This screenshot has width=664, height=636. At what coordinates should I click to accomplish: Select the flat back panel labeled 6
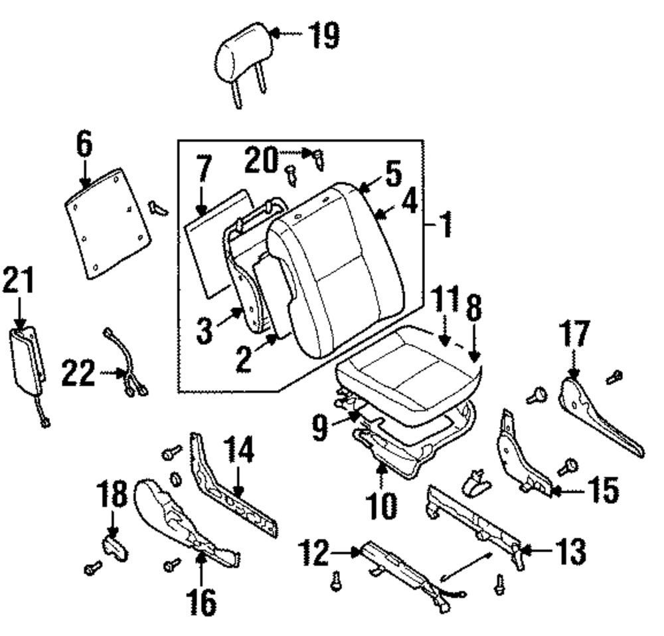pos(108,223)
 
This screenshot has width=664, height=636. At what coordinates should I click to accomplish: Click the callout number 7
pos(203,169)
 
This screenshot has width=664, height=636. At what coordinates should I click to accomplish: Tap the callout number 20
pos(261,159)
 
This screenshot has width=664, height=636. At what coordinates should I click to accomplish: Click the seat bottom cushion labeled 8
pos(408,373)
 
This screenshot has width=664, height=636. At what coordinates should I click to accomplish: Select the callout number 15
pos(602,490)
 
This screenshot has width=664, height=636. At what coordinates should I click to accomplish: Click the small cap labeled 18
pos(115,549)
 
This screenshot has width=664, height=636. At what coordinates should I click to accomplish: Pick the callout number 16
pos(202,601)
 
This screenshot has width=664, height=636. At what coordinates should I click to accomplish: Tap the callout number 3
pos(205,330)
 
